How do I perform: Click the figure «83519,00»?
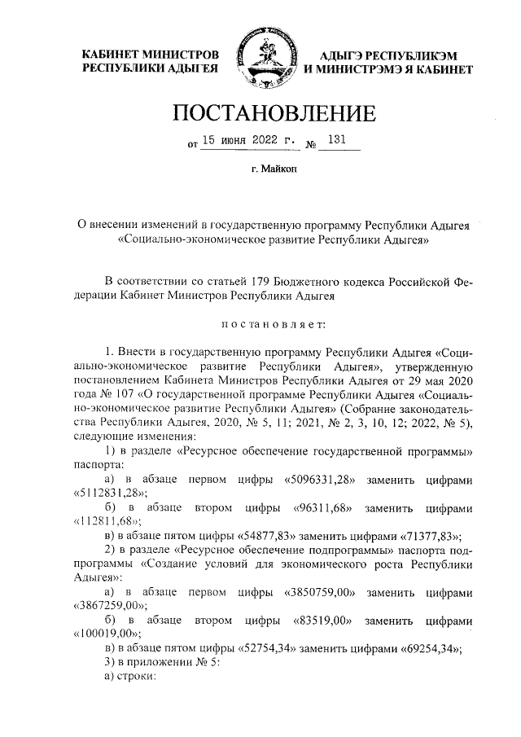tap(321, 619)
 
